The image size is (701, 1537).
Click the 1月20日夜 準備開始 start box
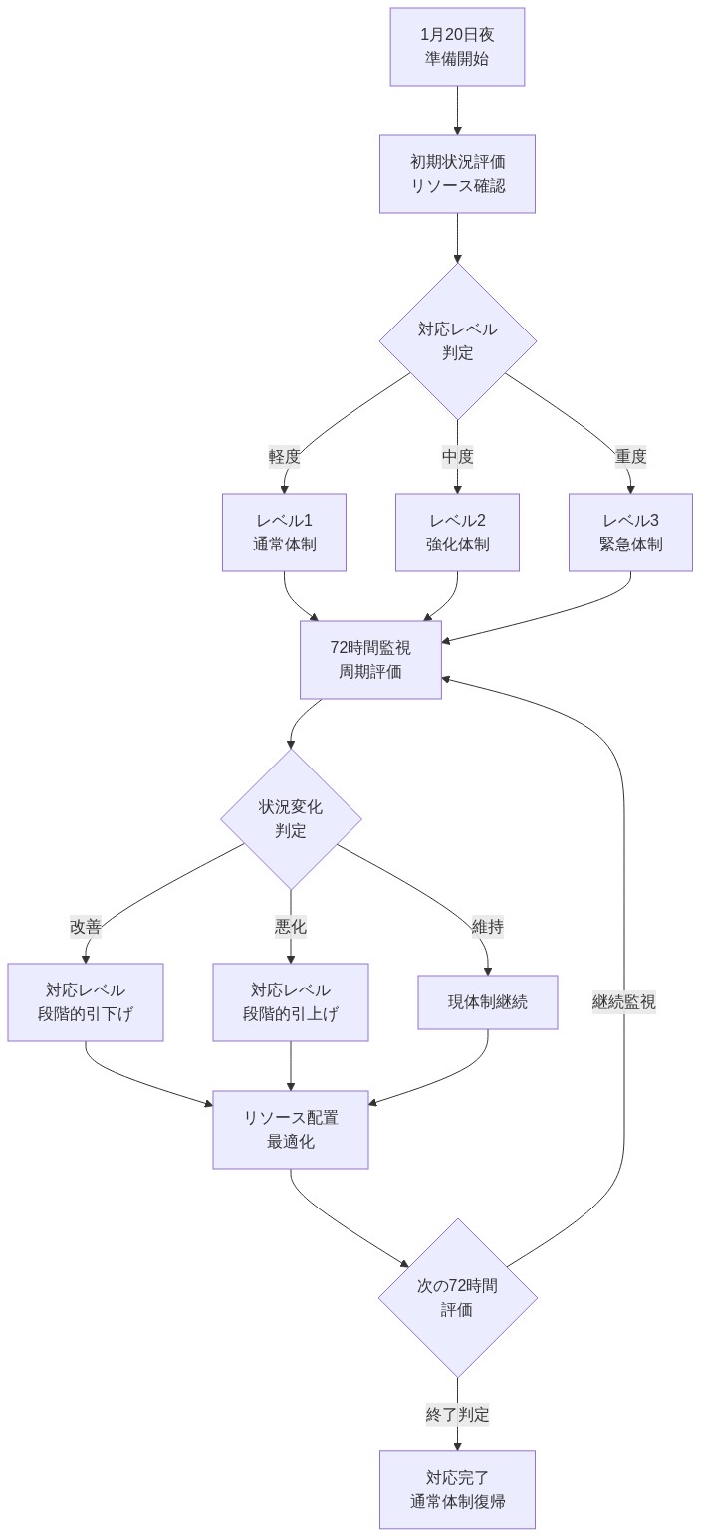pos(457,47)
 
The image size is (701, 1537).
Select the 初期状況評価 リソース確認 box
pos(457,174)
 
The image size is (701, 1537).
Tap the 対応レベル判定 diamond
pos(457,340)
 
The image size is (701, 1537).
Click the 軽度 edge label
pos(284,457)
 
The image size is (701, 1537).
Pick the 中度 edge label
pos(457,457)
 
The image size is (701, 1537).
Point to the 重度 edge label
pos(630,457)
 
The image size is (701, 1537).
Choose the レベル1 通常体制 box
pos(284,533)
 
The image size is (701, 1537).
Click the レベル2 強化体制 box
pos(457,533)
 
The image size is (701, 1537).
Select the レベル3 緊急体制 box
pos(630,533)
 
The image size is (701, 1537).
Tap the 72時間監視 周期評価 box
pos(370,659)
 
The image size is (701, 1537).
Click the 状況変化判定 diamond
pos(291,818)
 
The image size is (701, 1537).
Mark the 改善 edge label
pos(86,927)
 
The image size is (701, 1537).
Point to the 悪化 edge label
pos(291,927)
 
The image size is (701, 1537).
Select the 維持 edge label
pos(487,927)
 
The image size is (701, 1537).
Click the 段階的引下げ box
pos(86,1002)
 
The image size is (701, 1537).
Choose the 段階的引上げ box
pos(291,1002)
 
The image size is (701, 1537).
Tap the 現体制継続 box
pos(487,1002)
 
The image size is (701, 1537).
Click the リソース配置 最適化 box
pos(291,1130)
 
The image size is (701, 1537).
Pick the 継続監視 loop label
pos(624,1002)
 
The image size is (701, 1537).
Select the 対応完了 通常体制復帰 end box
pos(457,1489)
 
